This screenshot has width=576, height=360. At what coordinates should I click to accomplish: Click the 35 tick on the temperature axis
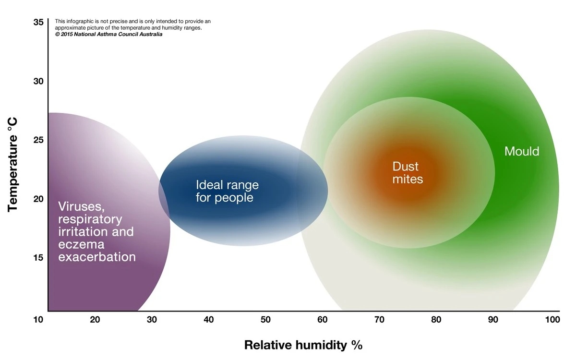[x=38, y=22]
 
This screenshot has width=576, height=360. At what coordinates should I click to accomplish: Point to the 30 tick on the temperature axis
[x=38, y=81]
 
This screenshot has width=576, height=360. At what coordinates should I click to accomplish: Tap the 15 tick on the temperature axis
[x=38, y=257]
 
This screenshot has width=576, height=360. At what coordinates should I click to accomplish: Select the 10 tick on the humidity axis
[x=38, y=320]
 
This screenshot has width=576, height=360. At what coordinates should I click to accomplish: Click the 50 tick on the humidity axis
[x=265, y=320]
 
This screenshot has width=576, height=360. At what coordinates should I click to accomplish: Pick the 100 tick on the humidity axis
[x=552, y=320]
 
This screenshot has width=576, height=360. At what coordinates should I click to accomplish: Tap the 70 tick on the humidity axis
[x=379, y=320]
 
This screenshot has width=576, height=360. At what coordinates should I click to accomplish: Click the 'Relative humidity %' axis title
[x=303, y=345]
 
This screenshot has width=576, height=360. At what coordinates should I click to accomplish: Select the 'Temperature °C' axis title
[x=13, y=166]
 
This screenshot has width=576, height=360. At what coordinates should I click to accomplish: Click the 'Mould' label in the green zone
[x=522, y=152]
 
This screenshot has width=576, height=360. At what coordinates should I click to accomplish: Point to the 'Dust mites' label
[x=407, y=173]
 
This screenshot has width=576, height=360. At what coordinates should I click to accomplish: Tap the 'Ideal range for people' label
[x=227, y=191]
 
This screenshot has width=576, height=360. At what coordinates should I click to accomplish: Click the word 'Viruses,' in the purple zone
[x=81, y=207]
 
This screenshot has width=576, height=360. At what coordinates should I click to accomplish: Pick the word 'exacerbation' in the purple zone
[x=97, y=257]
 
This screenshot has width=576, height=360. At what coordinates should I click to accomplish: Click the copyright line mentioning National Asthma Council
[x=108, y=35]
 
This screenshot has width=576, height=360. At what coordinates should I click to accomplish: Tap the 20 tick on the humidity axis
[x=95, y=320]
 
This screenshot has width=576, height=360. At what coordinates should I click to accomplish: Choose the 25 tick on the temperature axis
[x=38, y=140]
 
